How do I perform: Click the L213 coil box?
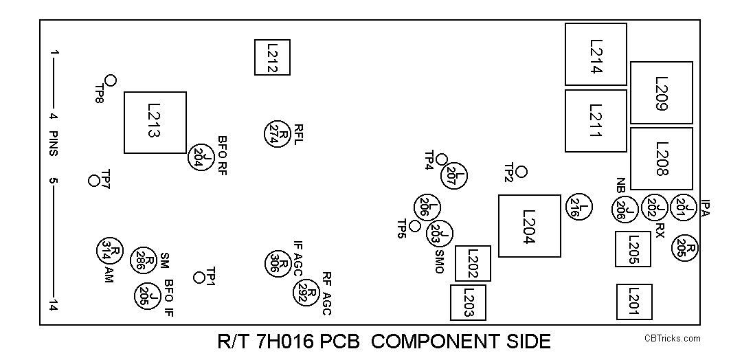click(155, 122)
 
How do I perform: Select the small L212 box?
click(272, 57)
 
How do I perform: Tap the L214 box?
click(596, 55)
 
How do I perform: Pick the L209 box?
click(662, 93)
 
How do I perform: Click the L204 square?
click(529, 226)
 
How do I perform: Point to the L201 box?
click(634, 302)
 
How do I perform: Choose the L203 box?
click(467, 302)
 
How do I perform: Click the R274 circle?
click(277, 133)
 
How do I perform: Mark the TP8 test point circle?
click(110, 80)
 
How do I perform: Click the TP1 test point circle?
click(199, 278)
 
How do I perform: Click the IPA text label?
click(706, 208)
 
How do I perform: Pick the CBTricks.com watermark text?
click(672, 338)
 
